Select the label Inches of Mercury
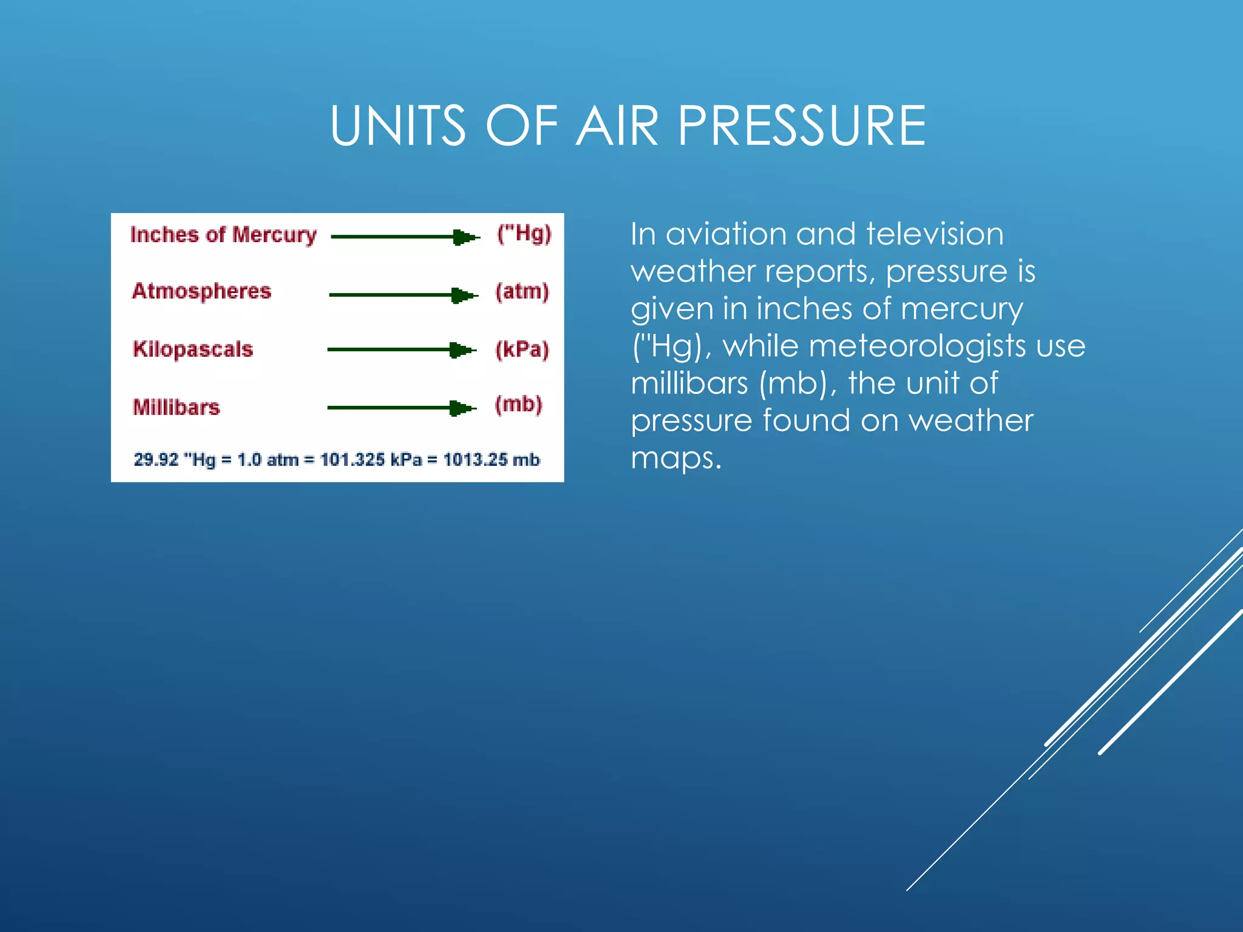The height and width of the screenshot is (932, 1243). (223, 235)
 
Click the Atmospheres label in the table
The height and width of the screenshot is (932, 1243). (202, 292)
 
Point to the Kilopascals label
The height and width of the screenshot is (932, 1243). (193, 349)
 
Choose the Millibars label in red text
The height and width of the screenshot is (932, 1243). (177, 407)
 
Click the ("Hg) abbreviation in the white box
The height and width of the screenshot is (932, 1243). (524, 234)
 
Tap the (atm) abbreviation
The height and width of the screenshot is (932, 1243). (522, 292)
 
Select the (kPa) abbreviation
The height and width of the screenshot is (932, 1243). (522, 349)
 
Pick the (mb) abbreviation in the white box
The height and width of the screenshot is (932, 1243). (518, 405)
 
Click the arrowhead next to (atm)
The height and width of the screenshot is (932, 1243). (464, 295)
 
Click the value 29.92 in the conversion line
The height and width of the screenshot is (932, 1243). (157, 460)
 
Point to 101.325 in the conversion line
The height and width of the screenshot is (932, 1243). (353, 460)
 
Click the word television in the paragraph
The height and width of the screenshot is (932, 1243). (935, 234)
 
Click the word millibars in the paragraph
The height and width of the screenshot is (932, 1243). (689, 384)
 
